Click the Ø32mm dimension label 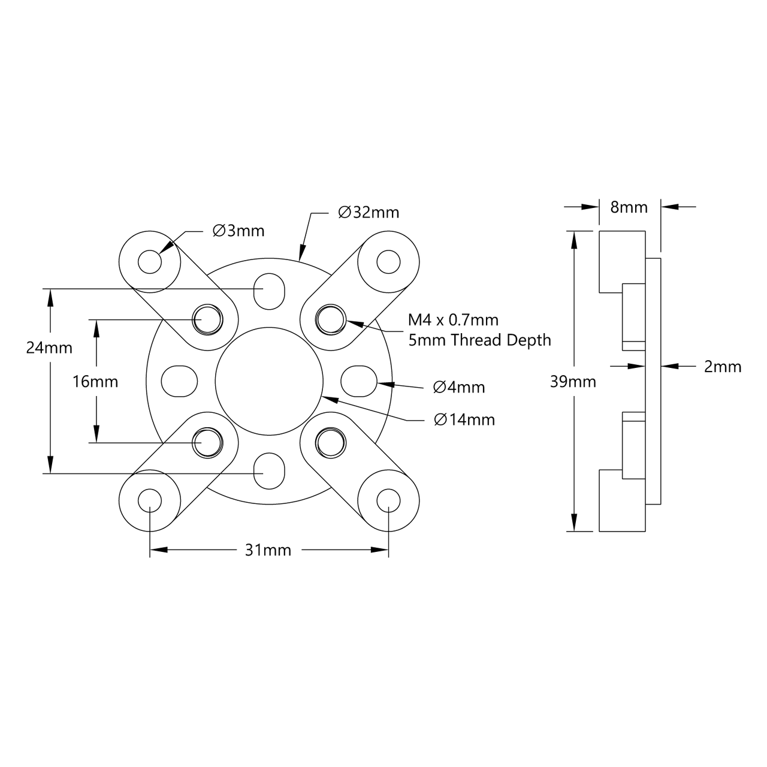pyautogui.click(x=369, y=213)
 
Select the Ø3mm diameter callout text pyautogui.click(x=238, y=231)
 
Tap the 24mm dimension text pyautogui.click(x=49, y=348)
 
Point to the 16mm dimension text pyautogui.click(x=95, y=381)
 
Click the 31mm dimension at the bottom pyautogui.click(x=268, y=550)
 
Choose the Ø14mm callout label pyautogui.click(x=464, y=419)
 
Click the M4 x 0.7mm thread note pyautogui.click(x=453, y=320)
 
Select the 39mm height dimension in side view pyautogui.click(x=573, y=381)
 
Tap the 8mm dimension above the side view pyautogui.click(x=629, y=207)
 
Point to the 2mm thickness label pyautogui.click(x=722, y=366)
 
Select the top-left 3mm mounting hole pyautogui.click(x=150, y=262)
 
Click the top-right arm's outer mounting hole pyautogui.click(x=388, y=261)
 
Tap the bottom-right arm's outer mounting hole pyautogui.click(x=388, y=500)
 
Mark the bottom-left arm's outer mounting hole pyautogui.click(x=150, y=500)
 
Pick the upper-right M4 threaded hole pyautogui.click(x=330, y=319)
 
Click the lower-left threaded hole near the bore pyautogui.click(x=207, y=442)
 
